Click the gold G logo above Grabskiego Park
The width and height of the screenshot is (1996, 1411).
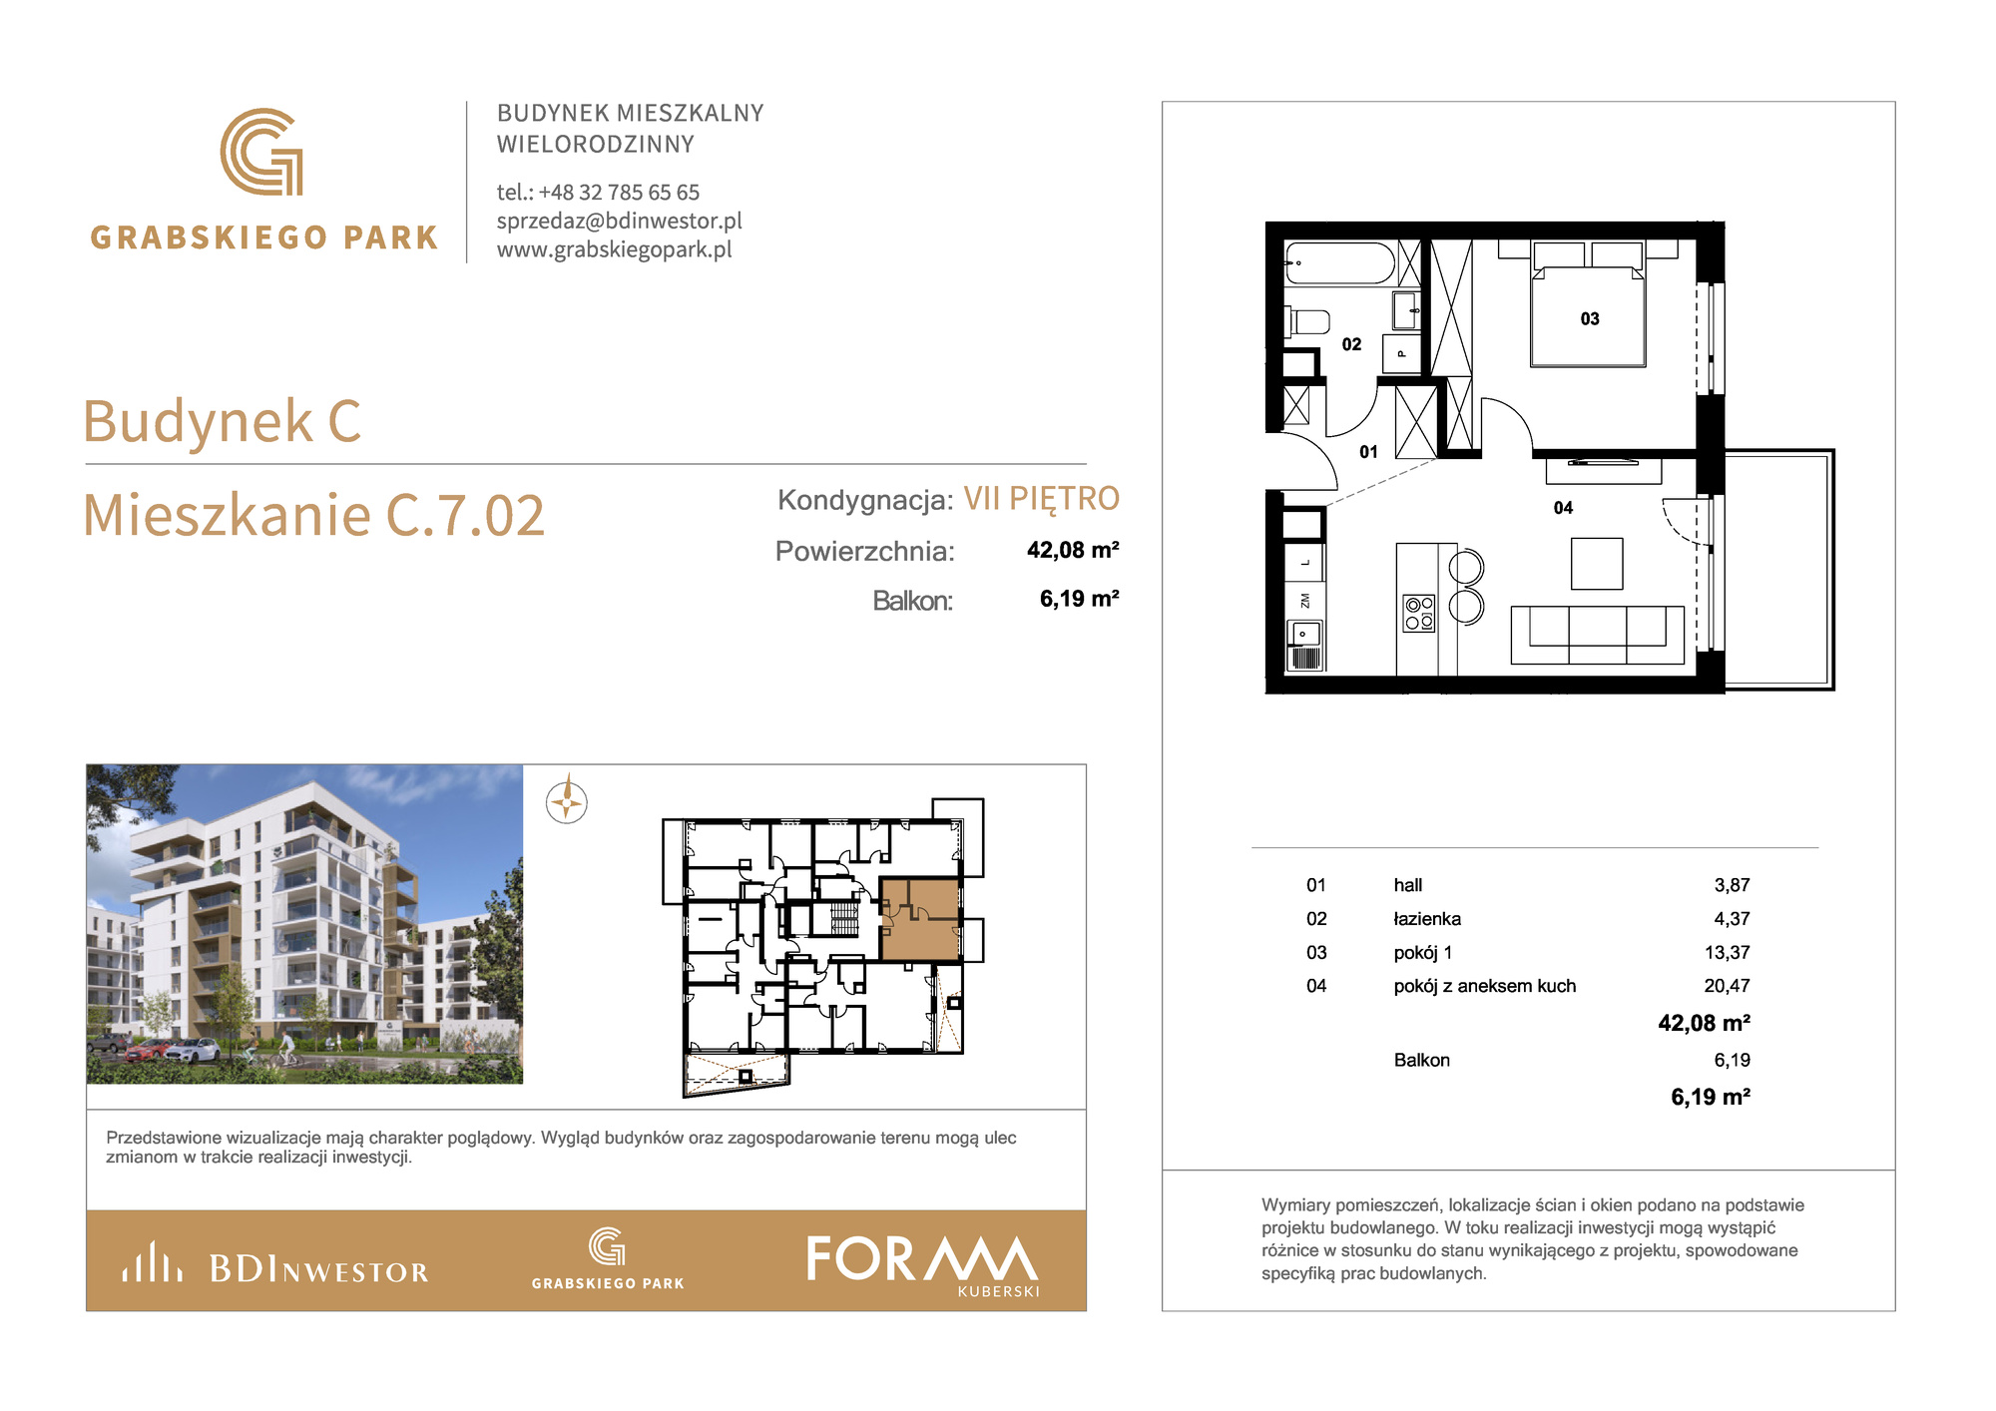[261, 152]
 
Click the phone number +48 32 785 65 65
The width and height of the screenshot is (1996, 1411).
[619, 192]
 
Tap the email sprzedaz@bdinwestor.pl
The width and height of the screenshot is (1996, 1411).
[620, 221]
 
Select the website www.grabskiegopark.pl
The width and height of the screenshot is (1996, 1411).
[615, 249]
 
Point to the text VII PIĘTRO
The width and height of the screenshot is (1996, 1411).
[1041, 498]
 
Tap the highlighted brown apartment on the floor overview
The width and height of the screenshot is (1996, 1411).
[920, 919]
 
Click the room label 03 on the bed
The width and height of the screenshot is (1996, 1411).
[1590, 319]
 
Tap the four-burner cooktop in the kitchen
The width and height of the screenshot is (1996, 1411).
[1419, 613]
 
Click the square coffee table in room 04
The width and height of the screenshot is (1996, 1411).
[1597, 564]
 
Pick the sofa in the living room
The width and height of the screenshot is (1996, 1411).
[1598, 635]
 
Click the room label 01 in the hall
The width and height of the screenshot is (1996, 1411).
[1369, 452]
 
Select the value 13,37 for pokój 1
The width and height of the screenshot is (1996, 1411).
[1727, 953]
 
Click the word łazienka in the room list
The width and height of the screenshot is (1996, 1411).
[1427, 919]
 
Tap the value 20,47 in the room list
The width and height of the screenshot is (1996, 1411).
[1727, 986]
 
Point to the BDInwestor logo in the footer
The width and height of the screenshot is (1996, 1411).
[275, 1263]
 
